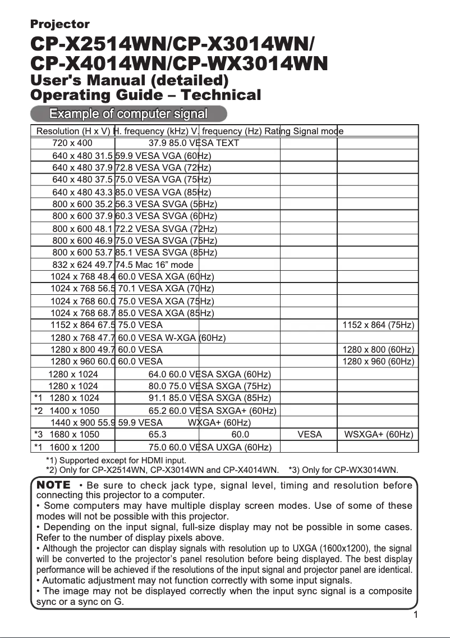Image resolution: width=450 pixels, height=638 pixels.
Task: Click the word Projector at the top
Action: pyautogui.click(x=59, y=24)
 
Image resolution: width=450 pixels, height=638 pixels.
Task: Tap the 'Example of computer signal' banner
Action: pyautogui.click(x=128, y=114)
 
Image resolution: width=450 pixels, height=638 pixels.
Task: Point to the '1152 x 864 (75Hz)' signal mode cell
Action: pyautogui.click(x=378, y=325)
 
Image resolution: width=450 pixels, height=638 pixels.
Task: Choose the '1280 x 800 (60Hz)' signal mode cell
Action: pyautogui.click(x=378, y=350)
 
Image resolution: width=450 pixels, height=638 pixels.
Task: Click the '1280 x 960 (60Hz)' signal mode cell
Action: pyautogui.click(x=378, y=362)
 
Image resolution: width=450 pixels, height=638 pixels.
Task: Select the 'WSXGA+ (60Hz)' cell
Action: pyautogui.click(x=378, y=434)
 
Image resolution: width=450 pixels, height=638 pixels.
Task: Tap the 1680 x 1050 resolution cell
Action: pyautogui.click(x=75, y=434)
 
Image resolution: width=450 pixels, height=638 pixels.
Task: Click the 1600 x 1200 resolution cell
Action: pyautogui.click(x=75, y=447)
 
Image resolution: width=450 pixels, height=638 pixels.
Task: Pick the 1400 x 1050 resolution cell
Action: pyautogui.click(x=75, y=411)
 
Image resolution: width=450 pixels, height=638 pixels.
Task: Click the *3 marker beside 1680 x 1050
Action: pyautogui.click(x=39, y=434)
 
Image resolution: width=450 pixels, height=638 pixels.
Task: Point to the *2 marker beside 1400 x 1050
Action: pyautogui.click(x=39, y=411)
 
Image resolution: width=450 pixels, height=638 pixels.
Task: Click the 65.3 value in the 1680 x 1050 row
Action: pyautogui.click(x=157, y=434)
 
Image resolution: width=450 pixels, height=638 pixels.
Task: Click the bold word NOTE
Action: pyautogui.click(x=54, y=485)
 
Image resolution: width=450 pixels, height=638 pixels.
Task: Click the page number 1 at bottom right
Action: pyautogui.click(x=415, y=615)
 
